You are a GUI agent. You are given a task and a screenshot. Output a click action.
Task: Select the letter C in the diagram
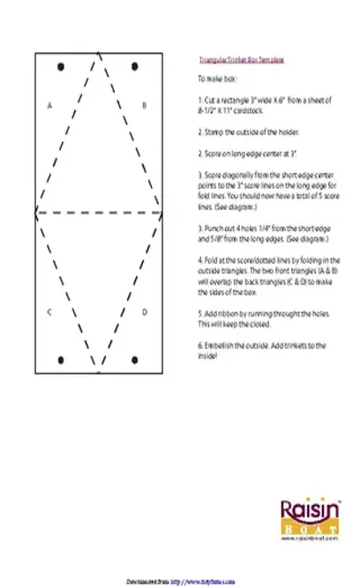click(49, 312)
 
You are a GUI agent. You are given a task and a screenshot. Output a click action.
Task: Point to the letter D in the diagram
click(145, 312)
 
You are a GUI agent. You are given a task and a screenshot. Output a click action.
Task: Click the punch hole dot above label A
click(60, 66)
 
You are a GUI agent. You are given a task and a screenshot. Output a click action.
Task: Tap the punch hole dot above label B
click(134, 66)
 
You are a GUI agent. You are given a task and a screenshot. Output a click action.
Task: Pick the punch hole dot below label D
click(134, 359)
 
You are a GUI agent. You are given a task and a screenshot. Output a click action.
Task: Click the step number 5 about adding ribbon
click(200, 312)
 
